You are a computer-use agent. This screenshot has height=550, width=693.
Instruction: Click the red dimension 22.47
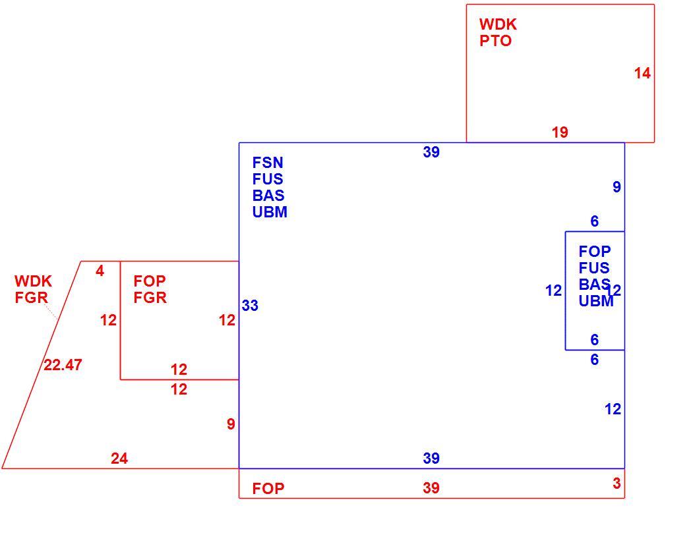(63, 365)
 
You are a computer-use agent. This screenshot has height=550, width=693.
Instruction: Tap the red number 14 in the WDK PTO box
(642, 73)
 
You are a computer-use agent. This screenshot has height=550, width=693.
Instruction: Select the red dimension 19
(560, 132)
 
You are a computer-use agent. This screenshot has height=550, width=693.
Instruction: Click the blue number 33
(250, 306)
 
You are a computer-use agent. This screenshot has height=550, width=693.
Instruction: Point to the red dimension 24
(119, 458)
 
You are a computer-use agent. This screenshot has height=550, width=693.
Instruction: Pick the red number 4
(100, 271)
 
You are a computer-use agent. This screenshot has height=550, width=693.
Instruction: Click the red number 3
(617, 483)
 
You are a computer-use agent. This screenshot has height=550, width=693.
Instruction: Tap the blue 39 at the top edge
(431, 152)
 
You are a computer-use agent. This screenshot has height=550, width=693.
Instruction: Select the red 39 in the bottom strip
(431, 488)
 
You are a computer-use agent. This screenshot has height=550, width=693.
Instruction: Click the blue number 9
(617, 187)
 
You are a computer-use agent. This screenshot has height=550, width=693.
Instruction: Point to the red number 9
(231, 424)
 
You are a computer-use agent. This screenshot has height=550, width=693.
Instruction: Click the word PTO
(495, 41)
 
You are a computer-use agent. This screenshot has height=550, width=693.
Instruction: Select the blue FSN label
(268, 163)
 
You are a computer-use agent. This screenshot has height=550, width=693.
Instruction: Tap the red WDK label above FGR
(33, 281)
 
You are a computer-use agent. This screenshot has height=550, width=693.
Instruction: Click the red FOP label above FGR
(150, 281)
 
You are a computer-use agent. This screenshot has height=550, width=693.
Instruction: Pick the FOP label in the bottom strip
(268, 489)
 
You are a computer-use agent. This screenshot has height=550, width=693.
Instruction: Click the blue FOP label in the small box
(595, 252)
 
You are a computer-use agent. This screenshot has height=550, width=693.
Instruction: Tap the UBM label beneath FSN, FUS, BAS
(270, 212)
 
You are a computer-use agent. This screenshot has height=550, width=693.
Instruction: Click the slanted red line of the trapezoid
(42, 365)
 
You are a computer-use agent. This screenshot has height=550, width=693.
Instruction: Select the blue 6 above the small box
(595, 221)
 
